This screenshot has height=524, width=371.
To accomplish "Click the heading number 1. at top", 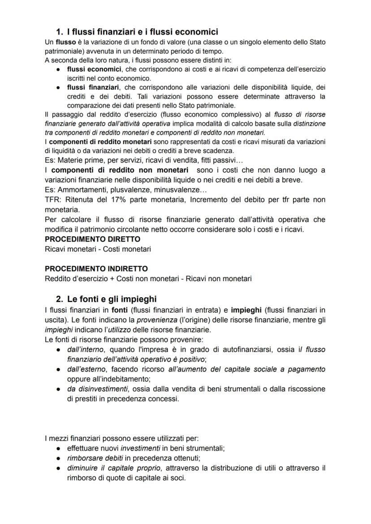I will click(60, 32).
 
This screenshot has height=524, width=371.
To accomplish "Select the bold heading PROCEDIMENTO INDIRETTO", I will click(96, 269).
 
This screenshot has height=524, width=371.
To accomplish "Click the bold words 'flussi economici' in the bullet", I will click(94, 69).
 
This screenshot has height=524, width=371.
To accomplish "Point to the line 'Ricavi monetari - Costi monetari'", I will click(98, 249).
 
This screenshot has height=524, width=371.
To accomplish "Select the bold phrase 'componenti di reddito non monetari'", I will click(123, 170).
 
